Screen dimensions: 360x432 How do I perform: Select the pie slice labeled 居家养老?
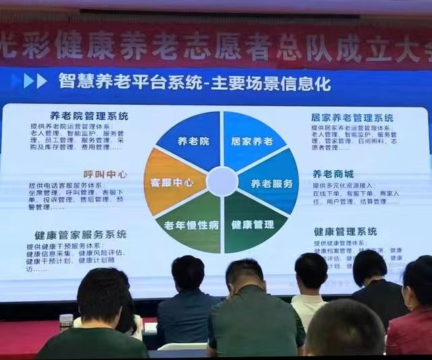(x=250, y=141)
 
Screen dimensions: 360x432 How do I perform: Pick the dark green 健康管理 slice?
(x=251, y=224)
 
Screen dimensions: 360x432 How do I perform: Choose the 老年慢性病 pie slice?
(x=192, y=224)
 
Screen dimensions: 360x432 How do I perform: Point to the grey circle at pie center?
(x=221, y=182)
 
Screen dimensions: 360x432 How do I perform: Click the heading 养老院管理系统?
(x=88, y=115)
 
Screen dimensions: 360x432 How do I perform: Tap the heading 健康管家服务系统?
(x=80, y=234)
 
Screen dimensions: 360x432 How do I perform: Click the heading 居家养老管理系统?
(x=352, y=118)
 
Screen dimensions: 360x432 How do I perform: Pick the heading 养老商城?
(x=331, y=174)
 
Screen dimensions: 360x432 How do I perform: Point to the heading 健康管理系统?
(x=345, y=232)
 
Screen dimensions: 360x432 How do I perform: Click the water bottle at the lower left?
(x=65, y=322)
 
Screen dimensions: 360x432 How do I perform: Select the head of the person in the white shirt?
(x=311, y=271)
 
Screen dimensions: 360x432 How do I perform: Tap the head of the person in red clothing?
(x=418, y=281)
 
